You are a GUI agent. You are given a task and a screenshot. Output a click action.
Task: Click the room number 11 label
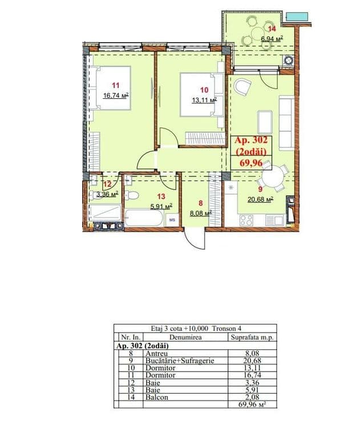[116, 86]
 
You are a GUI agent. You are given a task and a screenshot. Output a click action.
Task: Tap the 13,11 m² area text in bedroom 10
[204, 100]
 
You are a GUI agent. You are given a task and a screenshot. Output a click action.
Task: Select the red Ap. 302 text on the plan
[251, 140]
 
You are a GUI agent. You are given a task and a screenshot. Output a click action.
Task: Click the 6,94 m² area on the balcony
[272, 38]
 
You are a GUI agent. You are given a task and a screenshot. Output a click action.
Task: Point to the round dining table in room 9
[273, 177]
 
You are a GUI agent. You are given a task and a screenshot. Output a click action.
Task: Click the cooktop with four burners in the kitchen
[246, 220]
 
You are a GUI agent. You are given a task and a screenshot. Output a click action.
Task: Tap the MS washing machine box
[172, 220]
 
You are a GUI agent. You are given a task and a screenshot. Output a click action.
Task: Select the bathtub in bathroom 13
[144, 218]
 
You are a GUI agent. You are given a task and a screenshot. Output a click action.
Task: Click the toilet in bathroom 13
[132, 195]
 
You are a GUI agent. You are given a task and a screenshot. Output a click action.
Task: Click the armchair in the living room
[242, 87]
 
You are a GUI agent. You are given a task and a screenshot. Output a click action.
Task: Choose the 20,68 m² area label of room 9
[261, 199]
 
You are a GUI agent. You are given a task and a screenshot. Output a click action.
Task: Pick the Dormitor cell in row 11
[160, 375]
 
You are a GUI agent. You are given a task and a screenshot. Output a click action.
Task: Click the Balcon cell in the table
[157, 397]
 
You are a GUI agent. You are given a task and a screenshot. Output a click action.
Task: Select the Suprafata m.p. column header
[252, 337]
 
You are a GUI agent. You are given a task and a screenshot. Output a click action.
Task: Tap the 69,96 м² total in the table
[252, 404]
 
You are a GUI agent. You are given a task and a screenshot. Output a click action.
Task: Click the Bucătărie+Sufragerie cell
[180, 361]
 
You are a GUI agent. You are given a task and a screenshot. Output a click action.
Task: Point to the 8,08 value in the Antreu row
[252, 354]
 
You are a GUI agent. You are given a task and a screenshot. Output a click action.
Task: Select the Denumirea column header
[185, 337]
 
